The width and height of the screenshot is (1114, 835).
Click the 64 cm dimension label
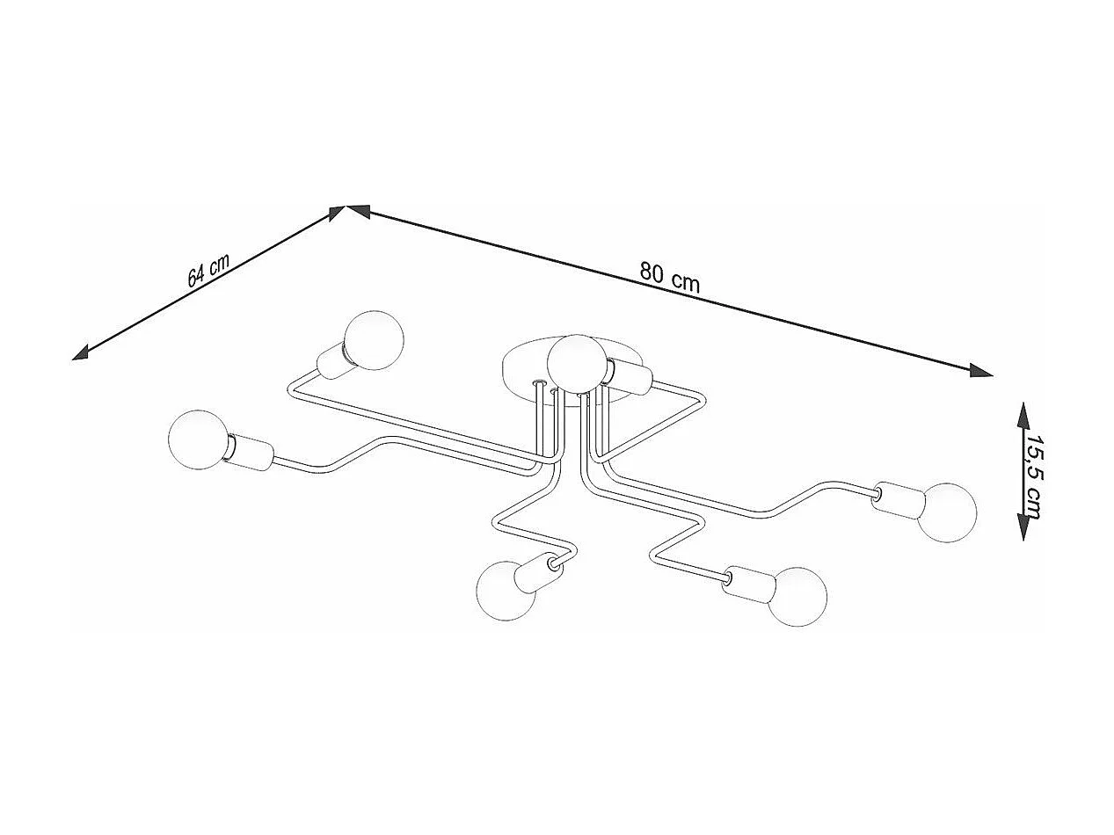208,271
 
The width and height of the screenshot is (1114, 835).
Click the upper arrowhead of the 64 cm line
335,213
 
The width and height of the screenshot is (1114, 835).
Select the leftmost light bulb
197,440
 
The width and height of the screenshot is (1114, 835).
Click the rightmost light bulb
947,512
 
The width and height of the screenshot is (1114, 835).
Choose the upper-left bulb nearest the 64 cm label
373,338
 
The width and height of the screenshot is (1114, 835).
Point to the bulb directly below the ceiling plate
506,591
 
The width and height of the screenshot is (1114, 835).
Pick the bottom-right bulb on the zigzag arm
797,597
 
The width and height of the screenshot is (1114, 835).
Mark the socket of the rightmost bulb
897,499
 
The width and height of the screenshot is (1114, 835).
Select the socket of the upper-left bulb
333,360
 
